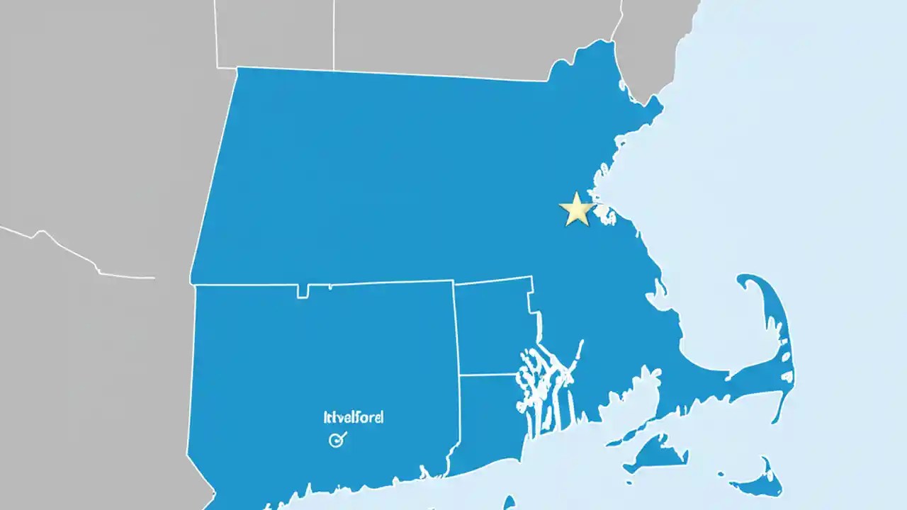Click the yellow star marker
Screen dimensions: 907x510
click(x=576, y=210)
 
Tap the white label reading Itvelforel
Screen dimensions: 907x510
click(x=353, y=417)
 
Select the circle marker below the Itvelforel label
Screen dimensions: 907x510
click(x=337, y=440)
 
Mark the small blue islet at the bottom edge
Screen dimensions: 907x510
click(x=508, y=503)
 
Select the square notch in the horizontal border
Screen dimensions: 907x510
click(x=303, y=291)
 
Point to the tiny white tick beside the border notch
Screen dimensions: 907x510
click(x=329, y=287)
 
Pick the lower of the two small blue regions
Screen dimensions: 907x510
click(x=489, y=418)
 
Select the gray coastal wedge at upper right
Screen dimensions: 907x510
click(x=652, y=42)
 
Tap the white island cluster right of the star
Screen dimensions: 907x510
click(x=604, y=214)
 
